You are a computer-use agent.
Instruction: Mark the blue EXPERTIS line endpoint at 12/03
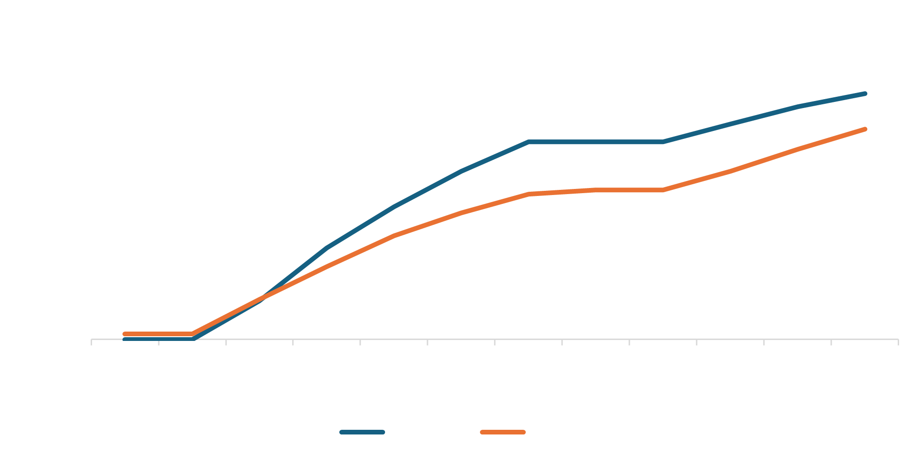(865, 94)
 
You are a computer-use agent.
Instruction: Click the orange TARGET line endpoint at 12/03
(865, 129)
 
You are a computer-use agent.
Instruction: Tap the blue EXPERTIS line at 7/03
(529, 142)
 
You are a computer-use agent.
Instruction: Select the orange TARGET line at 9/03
(663, 190)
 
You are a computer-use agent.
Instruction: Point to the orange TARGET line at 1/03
(125, 334)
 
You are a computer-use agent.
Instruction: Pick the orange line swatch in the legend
(502, 432)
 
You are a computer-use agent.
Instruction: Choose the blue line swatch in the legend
(362, 432)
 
